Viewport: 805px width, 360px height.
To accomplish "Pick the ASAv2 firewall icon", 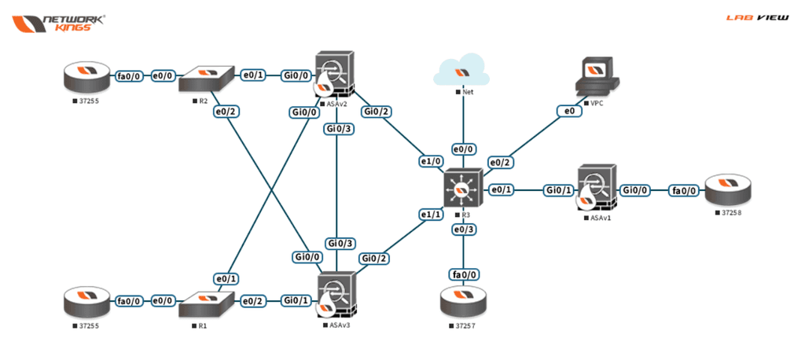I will click(335, 75).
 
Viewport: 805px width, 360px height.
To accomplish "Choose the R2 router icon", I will click(207, 79).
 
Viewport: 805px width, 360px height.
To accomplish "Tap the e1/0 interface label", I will click(431, 162).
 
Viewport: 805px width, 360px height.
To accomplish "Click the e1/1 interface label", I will click(431, 214).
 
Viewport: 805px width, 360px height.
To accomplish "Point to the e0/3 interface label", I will click(464, 230).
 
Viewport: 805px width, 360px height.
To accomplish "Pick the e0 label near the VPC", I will click(568, 112).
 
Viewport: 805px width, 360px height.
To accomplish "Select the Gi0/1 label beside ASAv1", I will click(559, 189).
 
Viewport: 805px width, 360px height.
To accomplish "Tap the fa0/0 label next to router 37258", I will click(681, 189).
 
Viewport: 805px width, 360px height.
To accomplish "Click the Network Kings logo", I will click(59, 22).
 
